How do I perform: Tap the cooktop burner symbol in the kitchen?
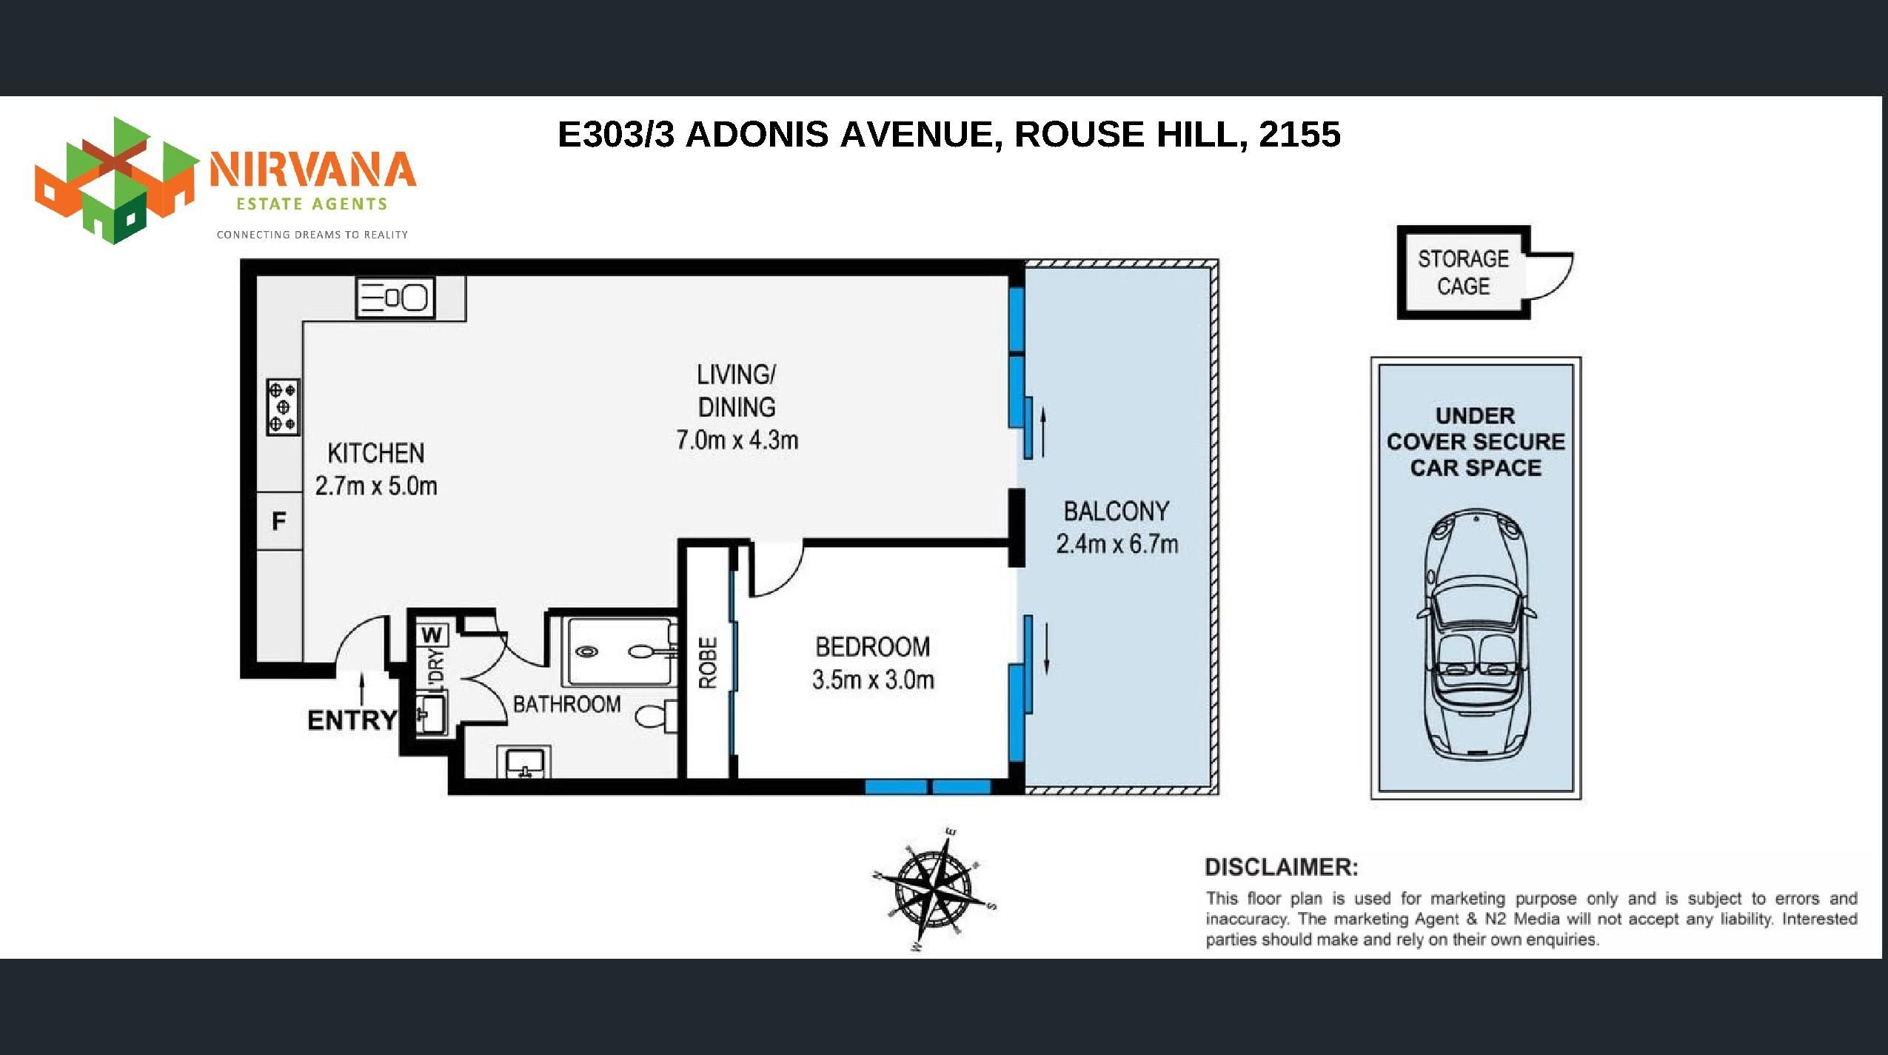coord(283,406)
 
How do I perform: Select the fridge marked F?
coord(279,521)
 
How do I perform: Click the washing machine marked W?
coord(433,634)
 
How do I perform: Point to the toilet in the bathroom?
coord(656,716)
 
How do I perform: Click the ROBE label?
coord(709,663)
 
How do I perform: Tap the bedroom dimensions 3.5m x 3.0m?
coord(873,680)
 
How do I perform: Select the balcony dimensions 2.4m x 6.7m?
coord(1117,544)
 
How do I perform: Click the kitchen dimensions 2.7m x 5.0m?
coord(376,486)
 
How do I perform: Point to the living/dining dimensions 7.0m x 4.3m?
coord(737,441)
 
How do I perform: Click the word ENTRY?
coord(352,720)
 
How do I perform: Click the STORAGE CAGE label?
coord(1463,272)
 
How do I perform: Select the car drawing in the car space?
coord(1476,634)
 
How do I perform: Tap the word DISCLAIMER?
coord(1282,867)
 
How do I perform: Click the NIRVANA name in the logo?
coord(312,170)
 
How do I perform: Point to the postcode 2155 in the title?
coord(1299,134)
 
